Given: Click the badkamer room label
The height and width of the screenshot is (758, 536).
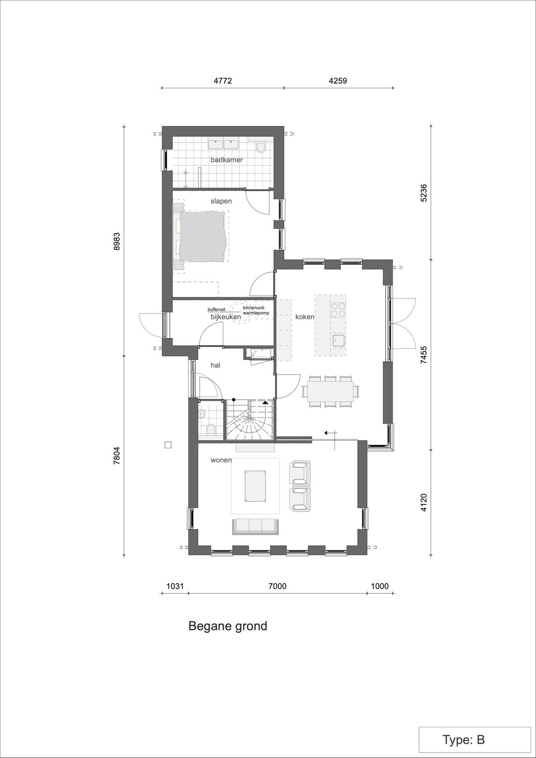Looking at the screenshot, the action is pyautogui.click(x=226, y=160).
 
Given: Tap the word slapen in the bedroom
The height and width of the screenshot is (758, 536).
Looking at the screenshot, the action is pyautogui.click(x=221, y=201).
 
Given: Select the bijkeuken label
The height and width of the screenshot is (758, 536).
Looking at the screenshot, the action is pyautogui.click(x=226, y=317).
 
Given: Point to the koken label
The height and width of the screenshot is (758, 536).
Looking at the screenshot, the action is pyautogui.click(x=305, y=317).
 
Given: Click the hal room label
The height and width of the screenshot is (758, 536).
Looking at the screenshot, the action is pyautogui.click(x=215, y=365).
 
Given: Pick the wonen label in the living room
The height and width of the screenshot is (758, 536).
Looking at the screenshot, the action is pyautogui.click(x=221, y=460).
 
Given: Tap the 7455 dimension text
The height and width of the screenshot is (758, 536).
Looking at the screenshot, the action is pyautogui.click(x=424, y=354).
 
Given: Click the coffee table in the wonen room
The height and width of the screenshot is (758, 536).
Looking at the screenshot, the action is pyautogui.click(x=256, y=486).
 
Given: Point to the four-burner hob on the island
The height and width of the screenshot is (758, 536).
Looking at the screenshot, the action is pyautogui.click(x=338, y=309).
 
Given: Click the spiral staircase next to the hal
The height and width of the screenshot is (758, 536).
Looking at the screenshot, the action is pyautogui.click(x=249, y=419).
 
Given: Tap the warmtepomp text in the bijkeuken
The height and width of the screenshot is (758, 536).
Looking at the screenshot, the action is pyautogui.click(x=256, y=313).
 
